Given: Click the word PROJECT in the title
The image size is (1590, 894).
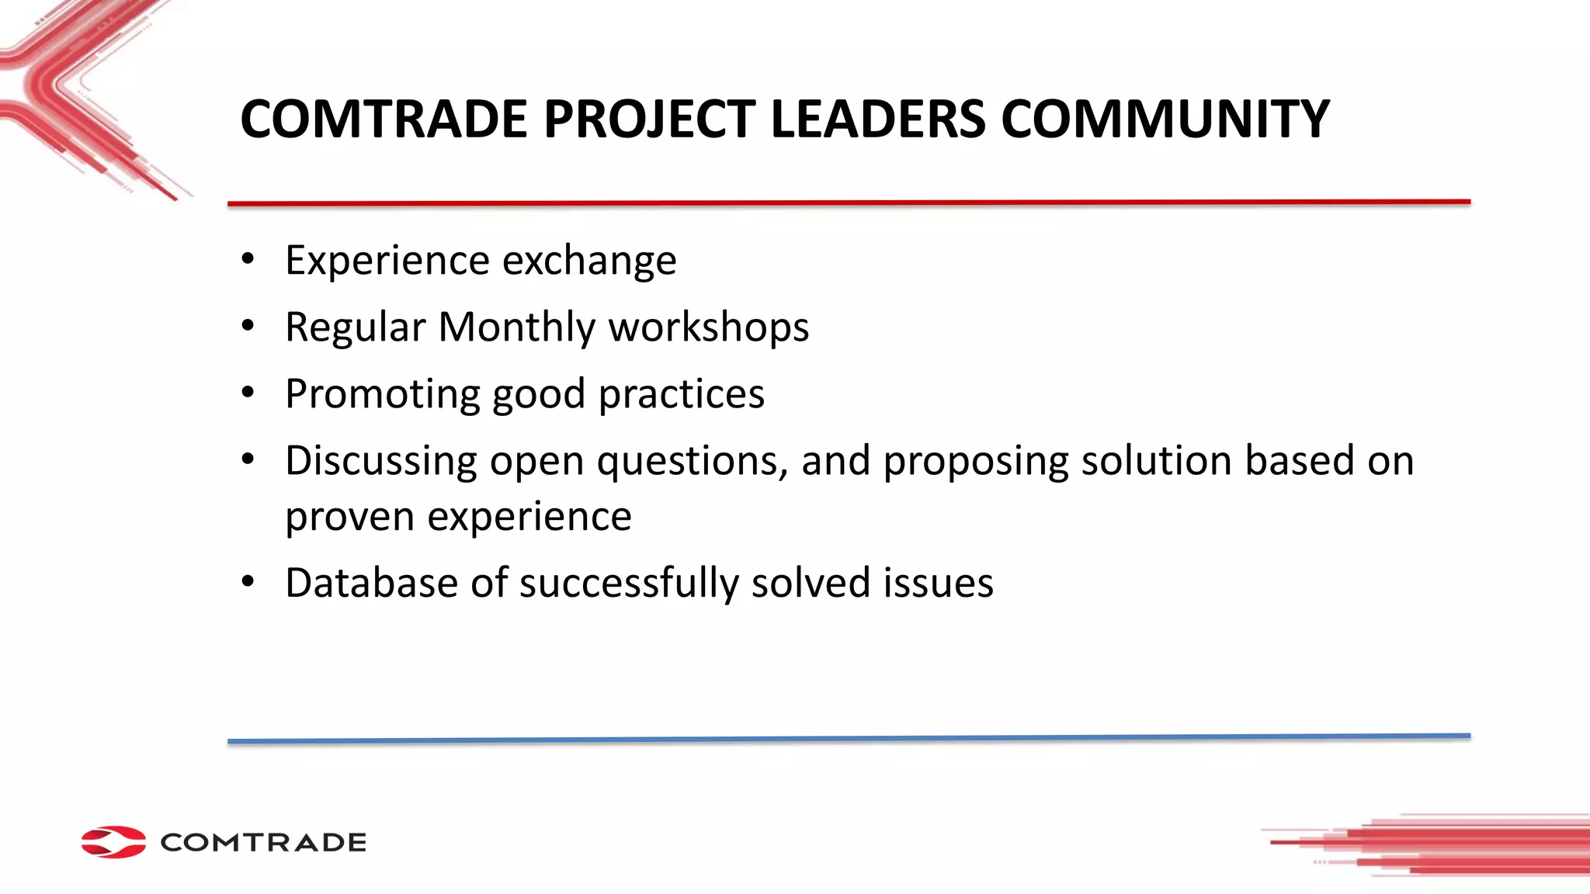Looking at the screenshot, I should [x=649, y=120].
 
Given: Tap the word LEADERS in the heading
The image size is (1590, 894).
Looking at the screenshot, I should [x=877, y=120].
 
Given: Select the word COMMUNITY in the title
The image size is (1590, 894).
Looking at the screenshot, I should [x=1165, y=120].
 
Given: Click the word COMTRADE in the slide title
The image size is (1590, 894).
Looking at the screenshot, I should [x=384, y=120].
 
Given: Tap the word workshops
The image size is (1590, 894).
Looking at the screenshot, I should [x=708, y=327].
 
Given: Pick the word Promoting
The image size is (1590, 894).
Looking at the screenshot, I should [x=382, y=394].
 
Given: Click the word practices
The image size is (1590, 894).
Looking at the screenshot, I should [x=681, y=394].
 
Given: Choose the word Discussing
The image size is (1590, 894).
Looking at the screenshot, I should [x=380, y=461].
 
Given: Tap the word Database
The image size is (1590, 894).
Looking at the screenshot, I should [x=371, y=583].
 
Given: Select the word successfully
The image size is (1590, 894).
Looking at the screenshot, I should [x=629, y=583].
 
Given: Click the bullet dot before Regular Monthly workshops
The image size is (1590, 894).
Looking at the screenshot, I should [x=248, y=326].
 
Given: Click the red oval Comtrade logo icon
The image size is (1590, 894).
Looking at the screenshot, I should [x=113, y=842].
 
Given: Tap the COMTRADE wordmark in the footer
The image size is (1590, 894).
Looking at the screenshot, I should [x=263, y=843].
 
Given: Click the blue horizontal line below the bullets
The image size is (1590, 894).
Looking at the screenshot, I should [x=849, y=738].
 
